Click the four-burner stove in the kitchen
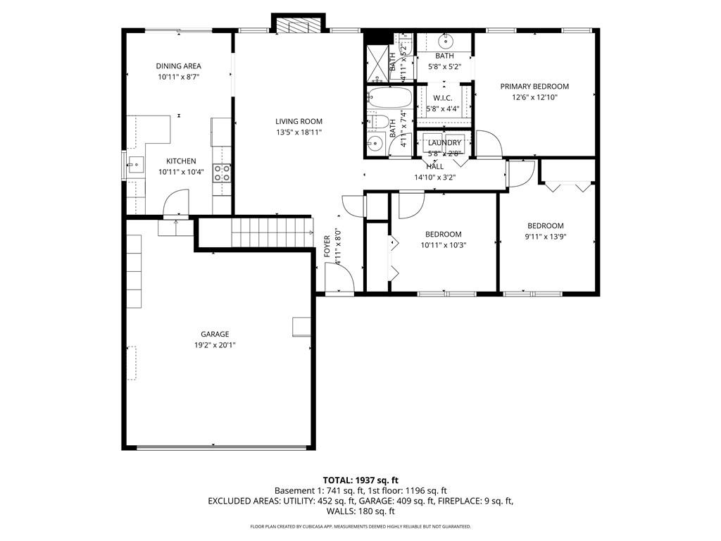[x=222, y=173]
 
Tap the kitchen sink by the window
[x=133, y=167]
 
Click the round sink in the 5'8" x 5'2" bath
[x=445, y=40]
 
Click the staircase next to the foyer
[x=270, y=232]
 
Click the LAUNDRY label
[x=444, y=143]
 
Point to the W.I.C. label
[x=442, y=98]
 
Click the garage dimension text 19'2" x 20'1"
[x=214, y=345]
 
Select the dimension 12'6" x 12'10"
[x=534, y=98]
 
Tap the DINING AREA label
[x=178, y=66]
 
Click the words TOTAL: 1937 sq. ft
[x=360, y=480]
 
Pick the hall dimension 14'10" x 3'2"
[x=434, y=178]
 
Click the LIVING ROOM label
[x=299, y=121]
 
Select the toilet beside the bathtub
[x=373, y=121]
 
